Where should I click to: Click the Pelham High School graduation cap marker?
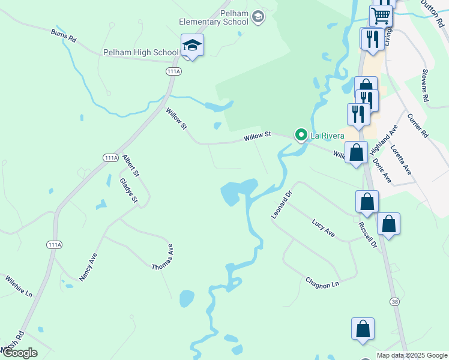(x=192, y=46)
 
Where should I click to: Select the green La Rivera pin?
(x=301, y=135)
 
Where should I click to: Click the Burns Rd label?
(x=64, y=36)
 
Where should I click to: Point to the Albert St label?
(x=131, y=166)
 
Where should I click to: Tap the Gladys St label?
(x=128, y=191)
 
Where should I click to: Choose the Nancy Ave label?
(x=88, y=267)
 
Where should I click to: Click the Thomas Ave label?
(x=163, y=257)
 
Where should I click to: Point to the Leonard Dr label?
(x=281, y=205)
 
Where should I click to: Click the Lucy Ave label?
(x=323, y=228)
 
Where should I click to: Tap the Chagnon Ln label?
(x=322, y=281)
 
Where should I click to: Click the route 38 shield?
(x=394, y=301)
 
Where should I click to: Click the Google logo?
(x=19, y=353)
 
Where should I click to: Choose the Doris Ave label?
(x=382, y=171)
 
